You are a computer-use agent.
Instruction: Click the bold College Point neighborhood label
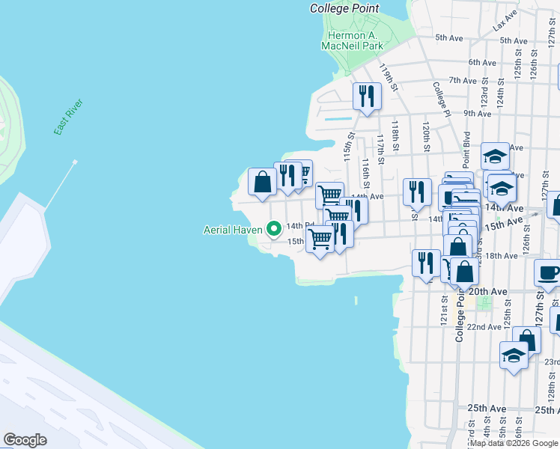pos(344,8)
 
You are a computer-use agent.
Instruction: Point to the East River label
pos(68,117)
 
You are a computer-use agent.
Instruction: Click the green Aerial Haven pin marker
pos(274,228)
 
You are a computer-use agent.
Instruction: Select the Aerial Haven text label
pos(232,230)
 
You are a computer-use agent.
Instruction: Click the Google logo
pos(25,440)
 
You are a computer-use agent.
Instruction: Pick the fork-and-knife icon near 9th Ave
pos(367,96)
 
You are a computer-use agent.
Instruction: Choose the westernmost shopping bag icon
pos(262,182)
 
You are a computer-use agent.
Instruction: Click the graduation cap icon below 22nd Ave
pos(514,355)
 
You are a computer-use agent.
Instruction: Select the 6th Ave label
pos(483,62)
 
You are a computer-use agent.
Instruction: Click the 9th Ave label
pos(477,113)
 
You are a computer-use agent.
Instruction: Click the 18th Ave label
pos(501,256)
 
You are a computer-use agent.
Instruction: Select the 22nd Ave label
pos(484,327)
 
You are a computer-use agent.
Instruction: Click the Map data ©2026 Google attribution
pos(515,443)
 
